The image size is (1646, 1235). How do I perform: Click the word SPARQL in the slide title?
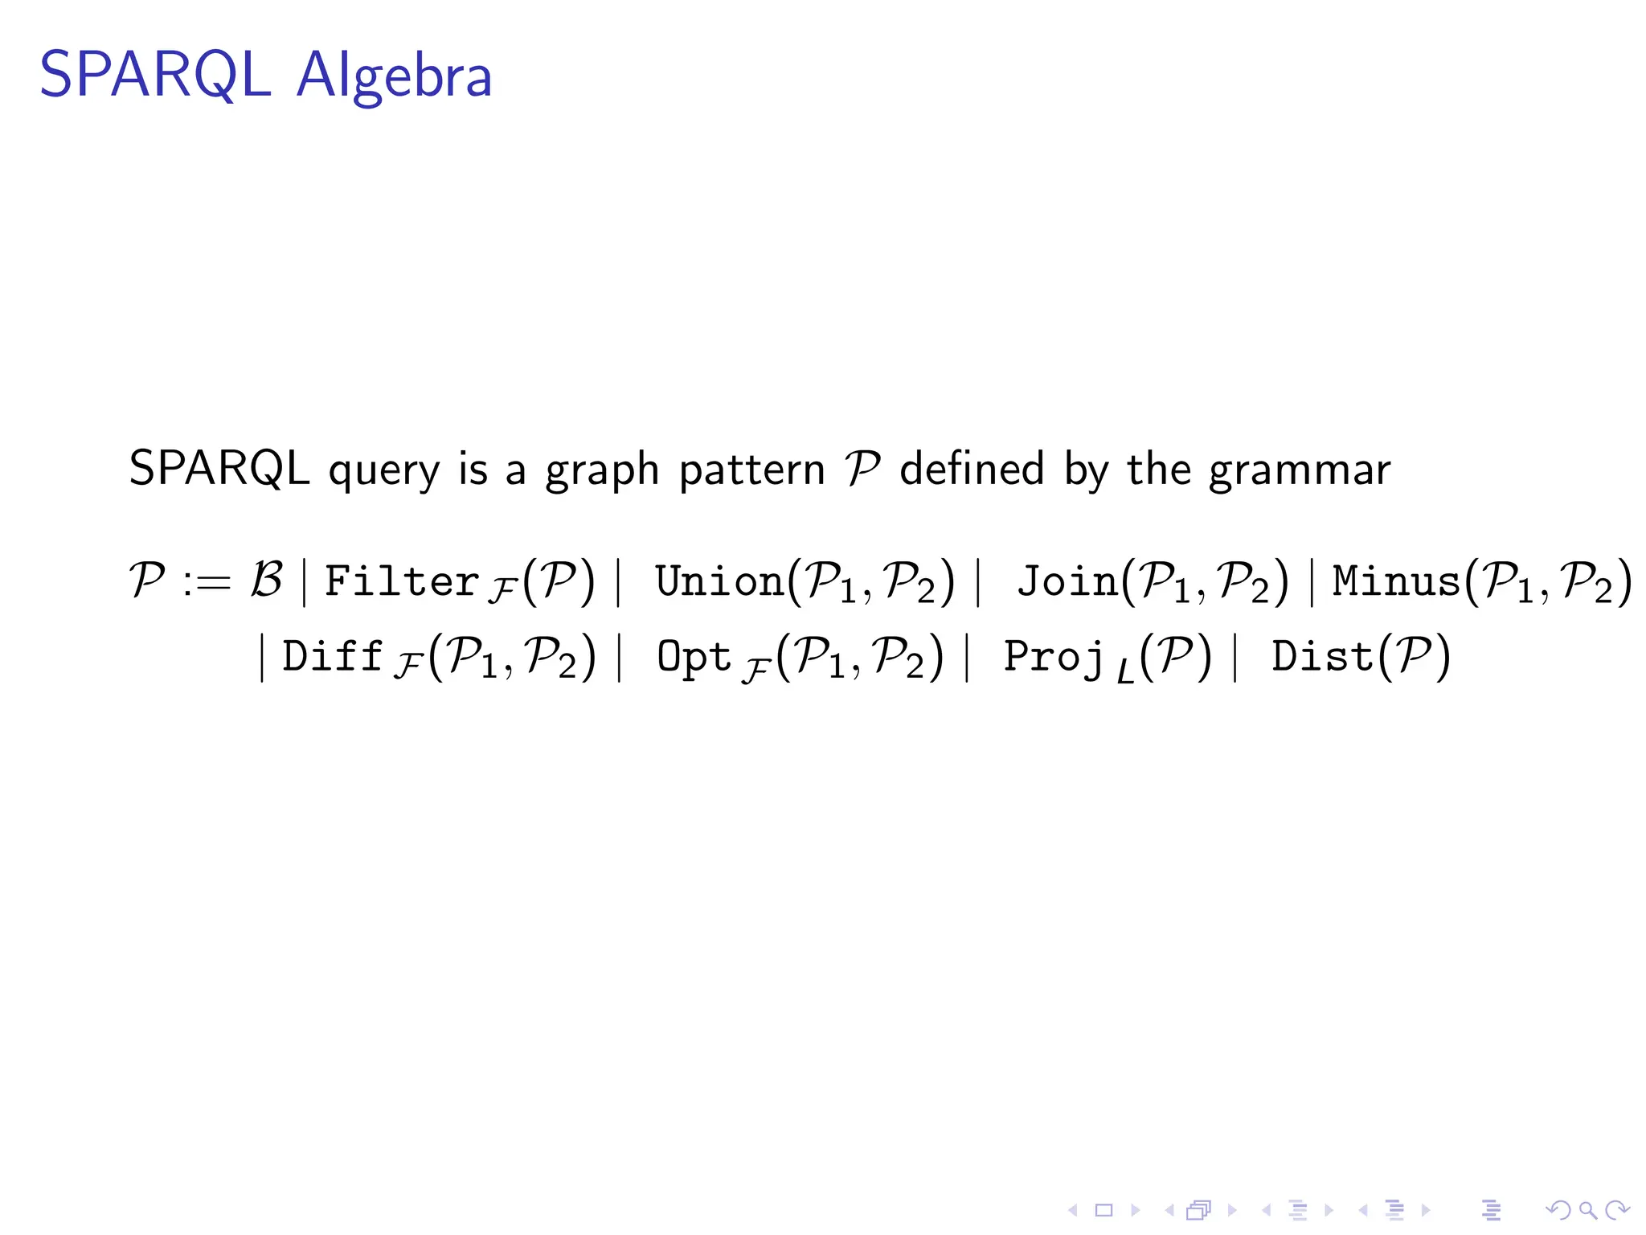click(154, 75)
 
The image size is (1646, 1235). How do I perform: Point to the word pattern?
click(751, 470)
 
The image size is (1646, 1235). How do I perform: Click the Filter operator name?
click(402, 581)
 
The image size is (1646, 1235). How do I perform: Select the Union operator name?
click(719, 581)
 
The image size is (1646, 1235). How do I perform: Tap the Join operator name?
click(1067, 581)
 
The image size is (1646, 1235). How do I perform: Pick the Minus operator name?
click(1396, 581)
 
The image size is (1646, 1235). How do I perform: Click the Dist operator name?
click(1322, 656)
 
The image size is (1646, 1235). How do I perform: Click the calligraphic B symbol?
click(266, 580)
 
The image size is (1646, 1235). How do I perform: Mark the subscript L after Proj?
click(1125, 671)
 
